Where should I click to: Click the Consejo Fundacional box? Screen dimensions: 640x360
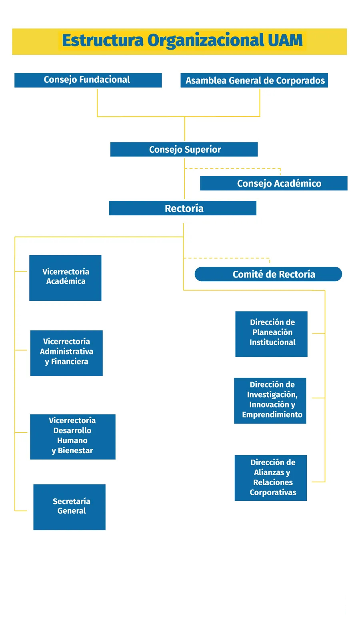pos(88,80)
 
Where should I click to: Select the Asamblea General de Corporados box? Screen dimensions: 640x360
pos(254,80)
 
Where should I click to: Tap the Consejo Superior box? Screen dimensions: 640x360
pos(184,150)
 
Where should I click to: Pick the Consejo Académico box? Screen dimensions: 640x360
pos(274,183)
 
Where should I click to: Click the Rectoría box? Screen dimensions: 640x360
pos(183,208)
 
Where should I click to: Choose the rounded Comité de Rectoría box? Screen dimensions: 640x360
pos(268,274)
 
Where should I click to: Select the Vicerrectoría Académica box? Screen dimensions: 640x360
pos(65,278)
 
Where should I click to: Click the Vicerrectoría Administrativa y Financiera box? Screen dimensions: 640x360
pos(66,353)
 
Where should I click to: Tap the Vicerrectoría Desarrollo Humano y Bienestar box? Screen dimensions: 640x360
pos(72,437)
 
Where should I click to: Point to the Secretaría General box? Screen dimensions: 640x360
pos(69,507)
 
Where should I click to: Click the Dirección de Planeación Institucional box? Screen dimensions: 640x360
pos(271,334)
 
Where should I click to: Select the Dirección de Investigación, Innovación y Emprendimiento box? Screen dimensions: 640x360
pos(270,401)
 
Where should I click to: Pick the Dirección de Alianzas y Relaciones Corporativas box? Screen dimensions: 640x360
pos(271,478)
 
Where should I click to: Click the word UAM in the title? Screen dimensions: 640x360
pos(285,41)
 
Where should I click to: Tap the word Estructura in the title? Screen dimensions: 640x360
pos(102,41)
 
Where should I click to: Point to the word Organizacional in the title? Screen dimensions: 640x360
pos(206,41)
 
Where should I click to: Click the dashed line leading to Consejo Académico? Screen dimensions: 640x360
pos(232,168)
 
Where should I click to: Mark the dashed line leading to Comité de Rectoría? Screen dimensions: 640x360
pos(226,258)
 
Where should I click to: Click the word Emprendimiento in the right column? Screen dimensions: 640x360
pos(272,415)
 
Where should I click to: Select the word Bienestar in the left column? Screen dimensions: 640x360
pos(75,451)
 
